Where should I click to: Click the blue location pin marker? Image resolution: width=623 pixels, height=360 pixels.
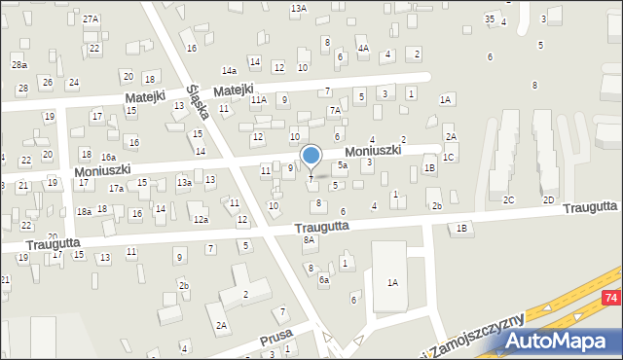click(311, 156)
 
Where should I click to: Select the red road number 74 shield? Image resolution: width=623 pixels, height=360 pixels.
click(610, 297)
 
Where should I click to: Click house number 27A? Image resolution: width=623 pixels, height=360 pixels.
click(91, 19)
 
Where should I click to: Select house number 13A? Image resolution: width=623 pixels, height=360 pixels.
click(298, 8)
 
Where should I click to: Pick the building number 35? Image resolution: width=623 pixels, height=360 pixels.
click(491, 19)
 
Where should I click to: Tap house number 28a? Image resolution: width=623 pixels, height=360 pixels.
click(18, 63)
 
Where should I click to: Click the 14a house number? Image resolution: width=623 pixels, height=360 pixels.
click(229, 71)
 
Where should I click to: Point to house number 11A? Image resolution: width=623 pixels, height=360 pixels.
click(258, 99)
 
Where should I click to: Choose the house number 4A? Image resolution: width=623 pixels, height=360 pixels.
click(363, 48)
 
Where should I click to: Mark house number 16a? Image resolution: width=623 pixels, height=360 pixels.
click(109, 157)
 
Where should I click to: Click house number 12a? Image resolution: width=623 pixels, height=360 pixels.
click(200, 220)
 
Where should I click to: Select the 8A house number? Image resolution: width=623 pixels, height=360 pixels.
click(310, 239)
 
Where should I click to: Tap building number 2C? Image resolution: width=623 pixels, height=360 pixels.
click(508, 199)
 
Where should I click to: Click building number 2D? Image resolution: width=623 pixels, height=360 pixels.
click(548, 199)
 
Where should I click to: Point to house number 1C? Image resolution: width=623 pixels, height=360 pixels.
click(449, 157)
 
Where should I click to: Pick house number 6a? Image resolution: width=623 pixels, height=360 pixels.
click(324, 279)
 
